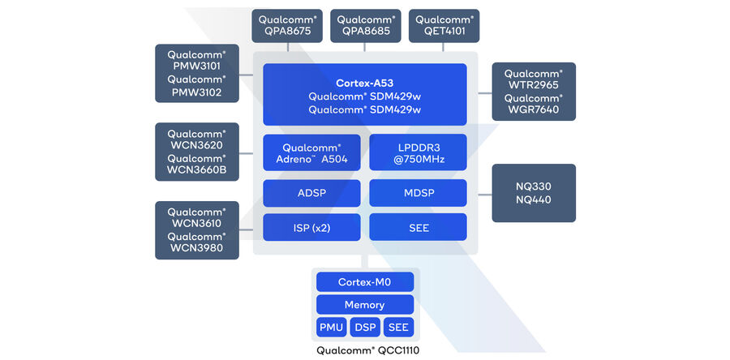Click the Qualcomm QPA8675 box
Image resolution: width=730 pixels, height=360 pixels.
[x=286, y=26]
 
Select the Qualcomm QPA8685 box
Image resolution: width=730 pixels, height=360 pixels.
[x=365, y=26]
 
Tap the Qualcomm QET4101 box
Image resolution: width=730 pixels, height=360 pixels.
[x=444, y=26]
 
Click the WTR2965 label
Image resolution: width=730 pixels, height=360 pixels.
[x=533, y=85]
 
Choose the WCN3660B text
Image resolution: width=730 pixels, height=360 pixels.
[x=197, y=171]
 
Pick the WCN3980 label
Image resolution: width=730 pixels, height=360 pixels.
[x=197, y=249]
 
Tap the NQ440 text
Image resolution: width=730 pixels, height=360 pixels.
[x=533, y=199]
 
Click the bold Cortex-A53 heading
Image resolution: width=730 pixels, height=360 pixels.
[x=364, y=84]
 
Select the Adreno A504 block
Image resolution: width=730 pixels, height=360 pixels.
[x=311, y=153]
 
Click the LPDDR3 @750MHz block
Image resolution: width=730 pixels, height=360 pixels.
[x=418, y=153]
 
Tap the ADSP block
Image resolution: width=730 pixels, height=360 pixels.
[x=311, y=193]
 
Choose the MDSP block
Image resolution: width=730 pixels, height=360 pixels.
[x=418, y=193]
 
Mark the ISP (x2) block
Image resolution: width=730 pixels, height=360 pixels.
[x=311, y=228]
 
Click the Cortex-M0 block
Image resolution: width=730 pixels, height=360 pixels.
[x=364, y=282]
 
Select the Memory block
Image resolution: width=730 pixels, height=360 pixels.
[x=364, y=305]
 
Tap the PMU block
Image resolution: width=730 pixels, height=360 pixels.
[x=331, y=328]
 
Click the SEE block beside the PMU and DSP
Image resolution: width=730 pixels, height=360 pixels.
[x=398, y=328]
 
